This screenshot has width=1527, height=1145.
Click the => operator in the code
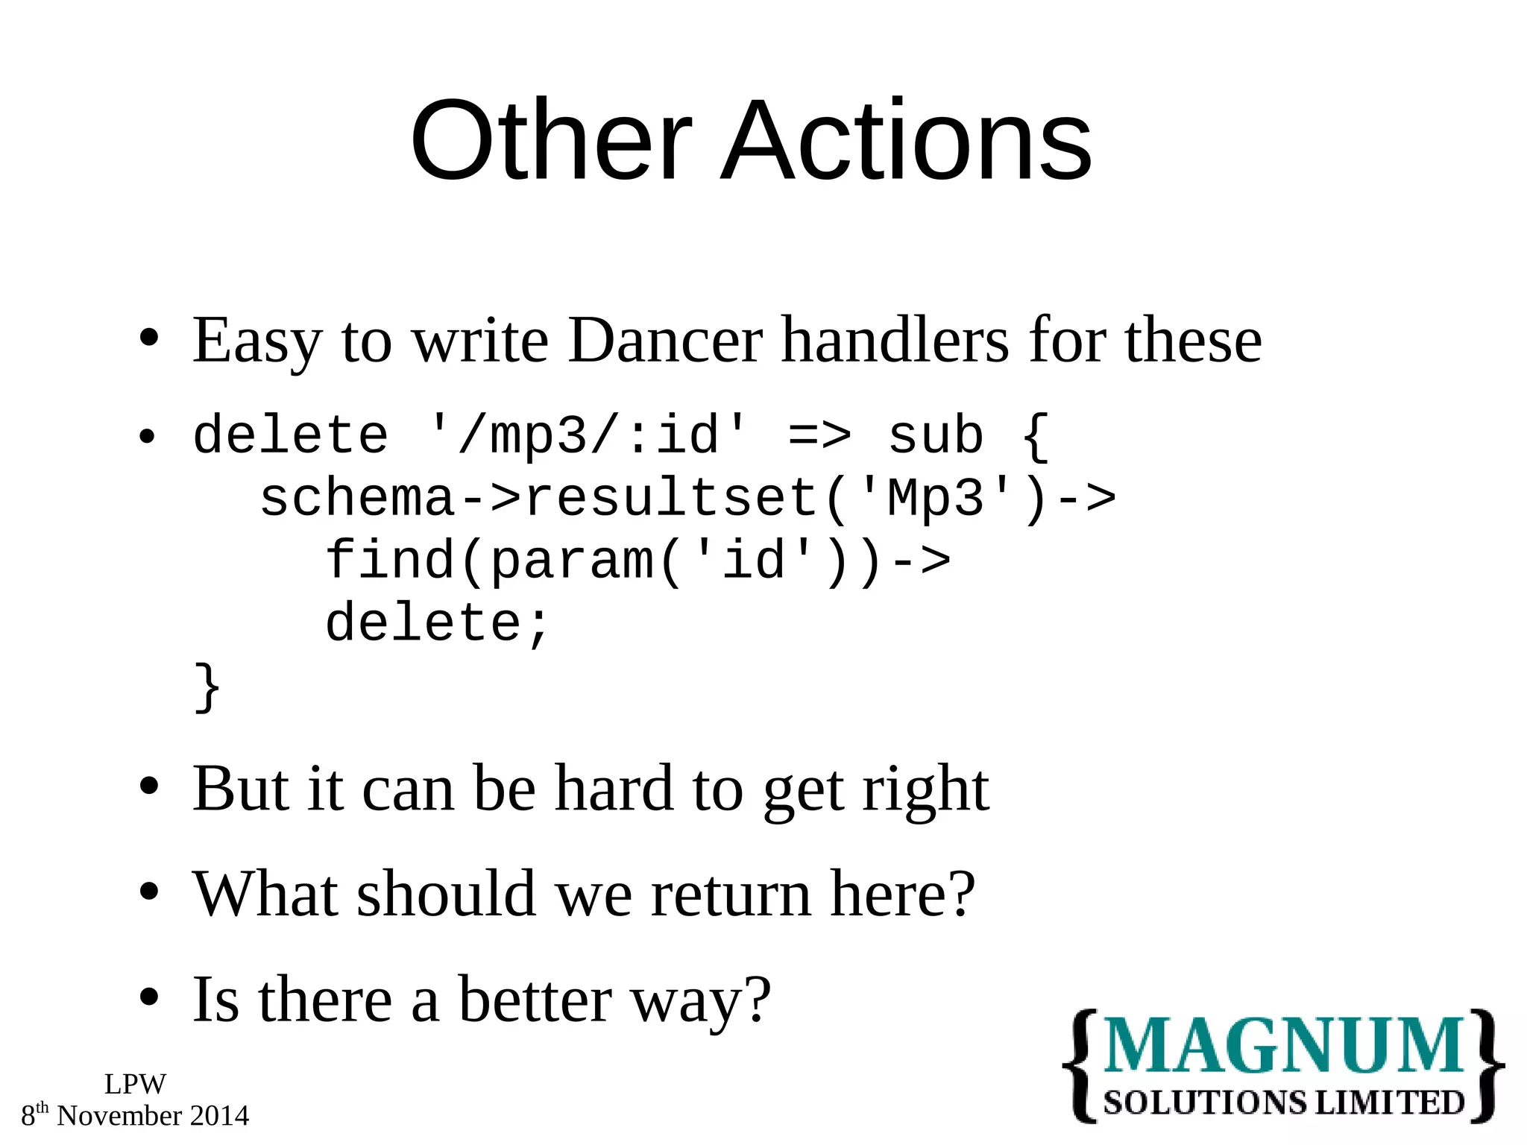coord(819,436)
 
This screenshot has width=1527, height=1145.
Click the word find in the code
coord(389,560)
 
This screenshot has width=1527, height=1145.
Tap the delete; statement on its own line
coord(438,623)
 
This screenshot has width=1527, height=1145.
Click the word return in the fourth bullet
coord(731,895)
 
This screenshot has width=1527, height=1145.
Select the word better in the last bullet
coord(535,1000)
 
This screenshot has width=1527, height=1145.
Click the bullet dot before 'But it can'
coord(149,787)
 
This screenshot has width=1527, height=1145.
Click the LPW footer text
coord(135,1084)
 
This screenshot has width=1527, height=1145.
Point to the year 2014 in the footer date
coord(219,1116)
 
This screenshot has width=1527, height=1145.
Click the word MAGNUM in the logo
coord(1282,1047)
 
